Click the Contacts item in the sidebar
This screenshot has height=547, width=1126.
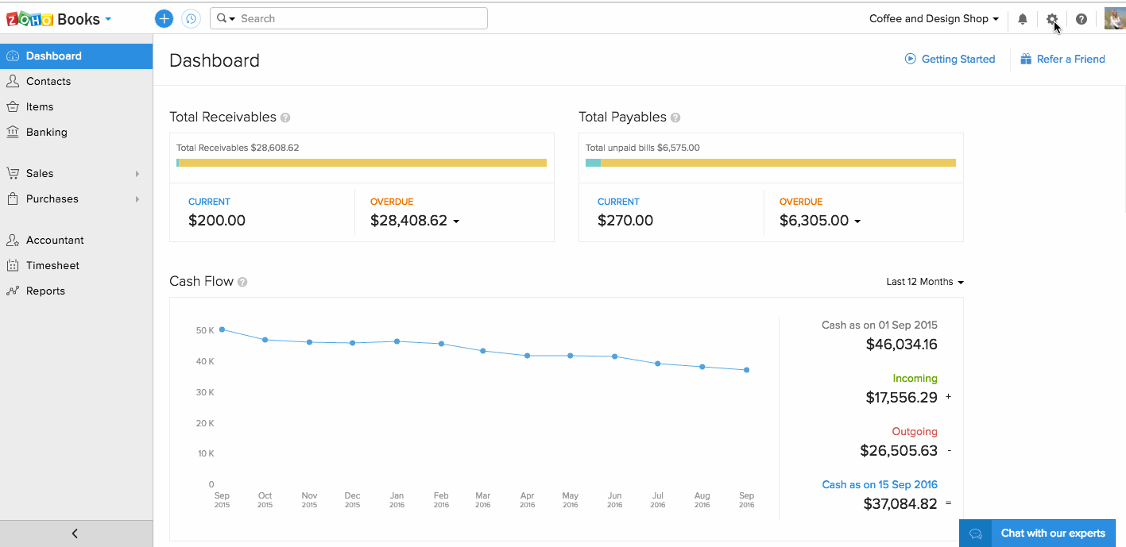pos(48,81)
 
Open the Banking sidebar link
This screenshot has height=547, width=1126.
pos(46,132)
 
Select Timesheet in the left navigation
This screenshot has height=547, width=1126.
pos(52,265)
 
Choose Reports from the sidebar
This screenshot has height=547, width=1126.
pos(45,291)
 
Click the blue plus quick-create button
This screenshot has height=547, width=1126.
pos(164,18)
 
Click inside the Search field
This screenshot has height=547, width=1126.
pos(358,18)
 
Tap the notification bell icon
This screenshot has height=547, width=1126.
pos(1023,19)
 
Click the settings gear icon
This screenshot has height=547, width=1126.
pos(1052,19)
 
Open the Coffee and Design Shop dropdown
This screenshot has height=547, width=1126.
pos(934,18)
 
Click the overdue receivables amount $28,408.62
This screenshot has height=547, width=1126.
pos(409,221)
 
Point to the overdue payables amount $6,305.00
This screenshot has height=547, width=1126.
pos(815,221)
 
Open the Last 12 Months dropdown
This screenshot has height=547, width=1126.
pos(924,282)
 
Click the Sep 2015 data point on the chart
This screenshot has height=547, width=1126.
pos(222,329)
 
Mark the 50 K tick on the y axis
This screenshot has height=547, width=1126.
pos(205,330)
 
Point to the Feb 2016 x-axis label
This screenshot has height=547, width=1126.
pos(441,500)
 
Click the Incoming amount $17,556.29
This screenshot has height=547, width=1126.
pos(901,398)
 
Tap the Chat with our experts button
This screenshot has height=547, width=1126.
pos(1037,534)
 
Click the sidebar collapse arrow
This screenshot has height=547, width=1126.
pos(75,534)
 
